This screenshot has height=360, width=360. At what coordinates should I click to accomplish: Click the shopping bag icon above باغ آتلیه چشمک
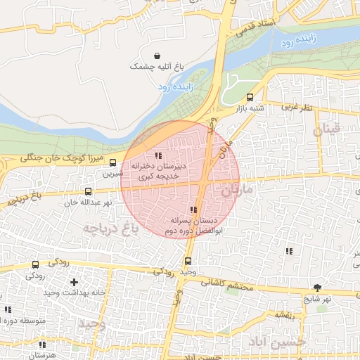pyautogui.click(x=155, y=56)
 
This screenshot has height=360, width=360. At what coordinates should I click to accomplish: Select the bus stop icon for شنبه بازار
pyautogui.click(x=250, y=98)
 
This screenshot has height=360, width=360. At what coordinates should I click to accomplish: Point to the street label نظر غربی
pyautogui.click(x=296, y=108)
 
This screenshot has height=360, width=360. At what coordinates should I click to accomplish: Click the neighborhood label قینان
pyautogui.click(x=326, y=129)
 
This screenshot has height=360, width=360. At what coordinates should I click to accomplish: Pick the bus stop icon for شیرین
pyautogui.click(x=113, y=162)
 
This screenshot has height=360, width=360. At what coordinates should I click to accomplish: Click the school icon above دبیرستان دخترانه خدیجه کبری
pyautogui.click(x=159, y=155)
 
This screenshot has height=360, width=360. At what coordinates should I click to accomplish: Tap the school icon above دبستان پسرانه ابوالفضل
pyautogui.click(x=193, y=210)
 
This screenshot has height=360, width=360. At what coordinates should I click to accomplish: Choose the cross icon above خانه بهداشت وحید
pyautogui.click(x=74, y=282)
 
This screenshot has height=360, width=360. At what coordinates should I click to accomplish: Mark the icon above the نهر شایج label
pyautogui.click(x=317, y=287)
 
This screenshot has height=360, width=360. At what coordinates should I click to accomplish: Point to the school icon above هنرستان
pyautogui.click(x=43, y=345)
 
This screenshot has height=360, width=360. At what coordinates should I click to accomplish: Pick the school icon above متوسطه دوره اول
pyautogui.click(x=8, y=309)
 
